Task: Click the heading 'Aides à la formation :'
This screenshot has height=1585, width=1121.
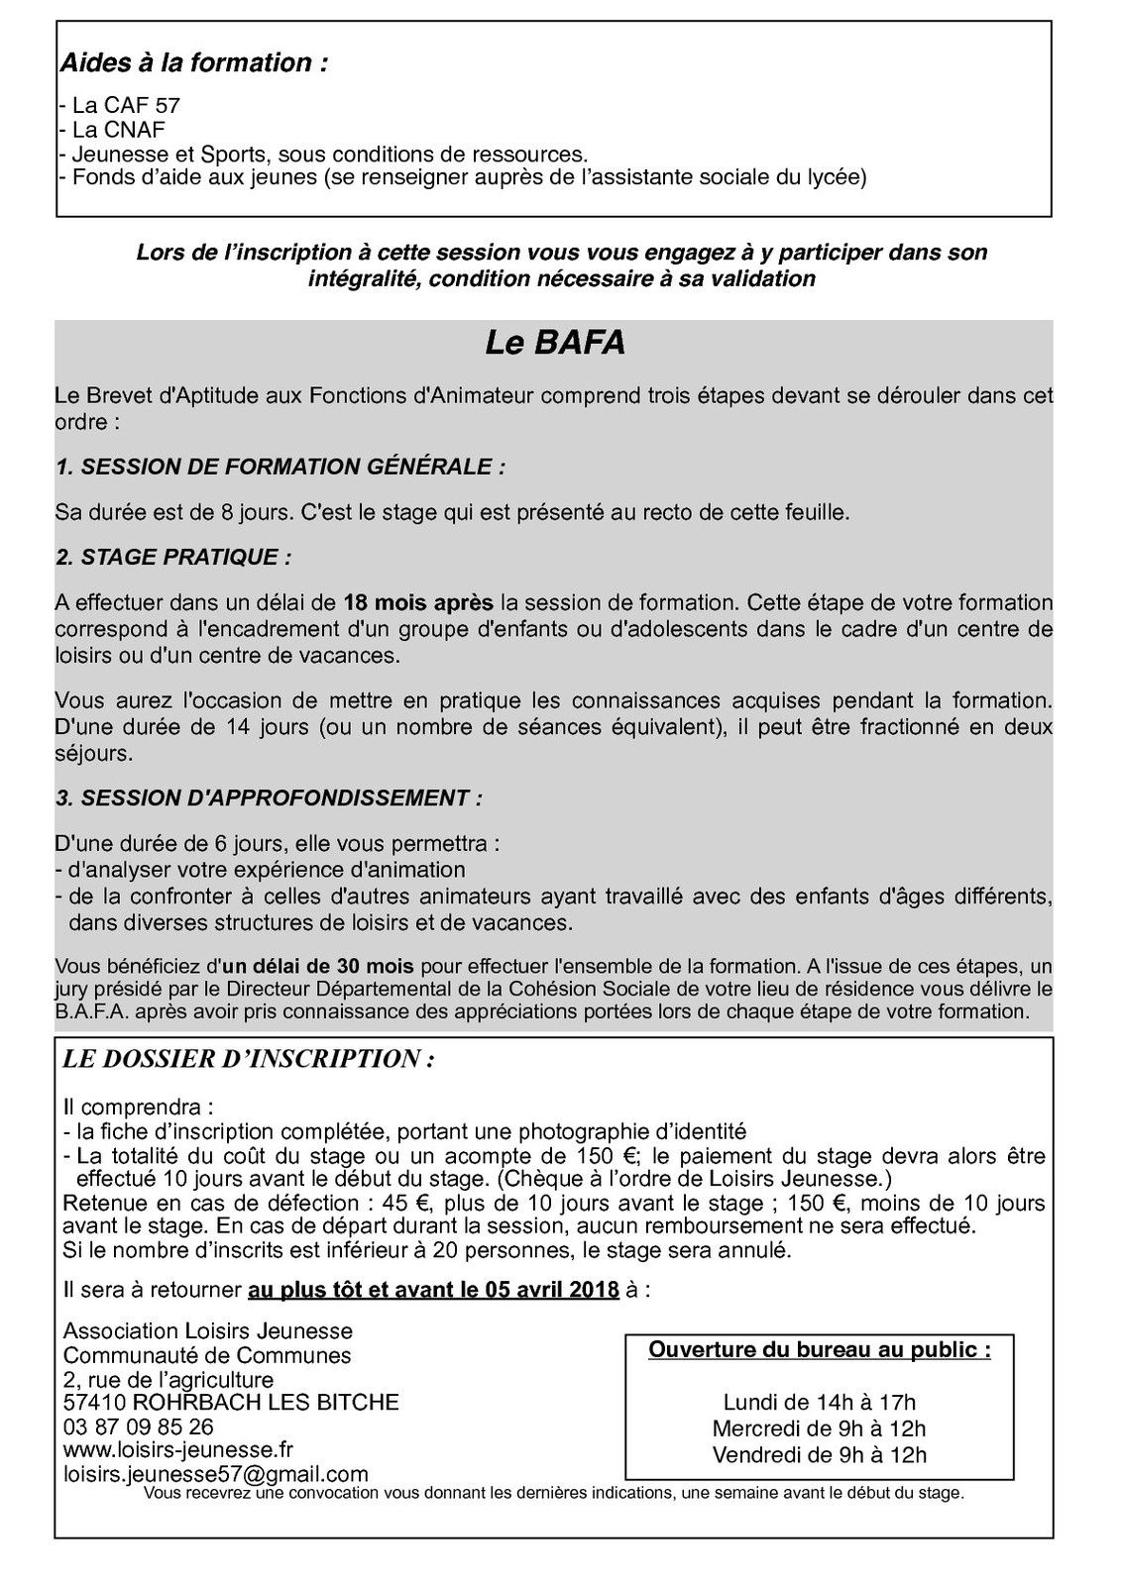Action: tap(194, 63)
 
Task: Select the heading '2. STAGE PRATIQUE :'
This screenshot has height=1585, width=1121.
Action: tap(173, 557)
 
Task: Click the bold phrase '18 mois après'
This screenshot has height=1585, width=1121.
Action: tap(417, 602)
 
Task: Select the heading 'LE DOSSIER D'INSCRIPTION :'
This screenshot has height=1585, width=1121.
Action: tap(248, 1059)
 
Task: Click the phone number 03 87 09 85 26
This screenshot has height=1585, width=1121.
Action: tap(138, 1427)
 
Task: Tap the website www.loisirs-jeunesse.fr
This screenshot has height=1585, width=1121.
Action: tap(177, 1450)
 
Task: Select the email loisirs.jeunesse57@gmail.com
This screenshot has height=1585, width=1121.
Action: tap(215, 1474)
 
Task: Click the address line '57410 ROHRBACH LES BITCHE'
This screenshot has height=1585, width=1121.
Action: tap(231, 1403)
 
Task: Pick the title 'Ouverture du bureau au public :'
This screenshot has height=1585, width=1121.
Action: tap(819, 1349)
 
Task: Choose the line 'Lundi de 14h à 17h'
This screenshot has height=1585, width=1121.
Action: tap(819, 1402)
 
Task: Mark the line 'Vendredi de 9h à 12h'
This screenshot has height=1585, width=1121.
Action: tap(819, 1454)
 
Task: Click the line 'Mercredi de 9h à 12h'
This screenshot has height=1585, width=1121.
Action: tap(819, 1428)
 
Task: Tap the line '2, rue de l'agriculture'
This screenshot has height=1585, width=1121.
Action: tap(168, 1380)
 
